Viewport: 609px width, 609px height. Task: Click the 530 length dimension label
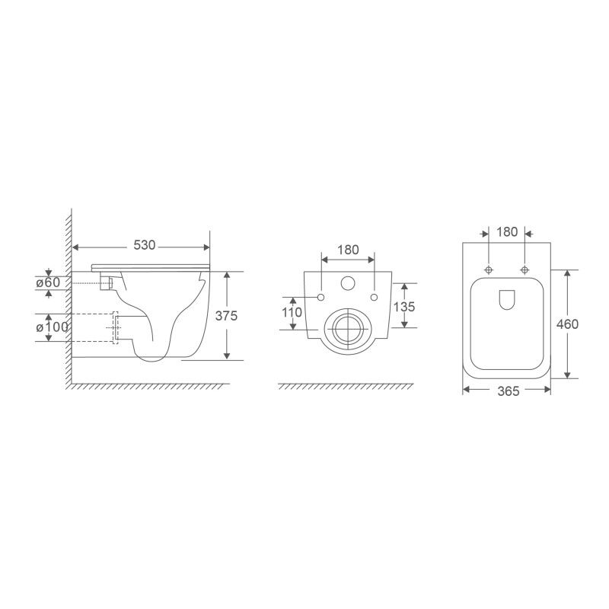(145, 246)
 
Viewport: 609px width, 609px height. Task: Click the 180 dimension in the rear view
(347, 250)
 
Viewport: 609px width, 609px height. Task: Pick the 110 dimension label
(292, 312)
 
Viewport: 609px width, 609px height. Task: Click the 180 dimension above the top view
(506, 231)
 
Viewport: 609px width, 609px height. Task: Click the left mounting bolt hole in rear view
(320, 296)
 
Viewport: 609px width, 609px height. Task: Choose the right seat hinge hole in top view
(524, 269)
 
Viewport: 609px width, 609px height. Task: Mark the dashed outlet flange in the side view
(116, 327)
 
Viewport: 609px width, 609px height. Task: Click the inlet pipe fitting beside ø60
(109, 283)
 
